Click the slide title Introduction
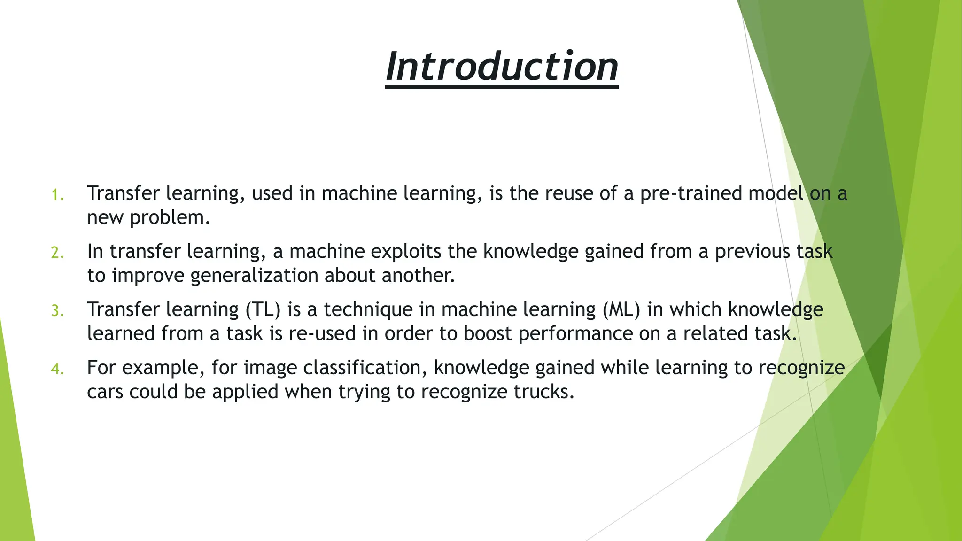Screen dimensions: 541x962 pos(502,67)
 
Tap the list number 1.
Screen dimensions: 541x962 pos(57,195)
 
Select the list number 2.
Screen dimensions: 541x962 pos(57,253)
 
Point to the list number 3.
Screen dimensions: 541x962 pos(57,311)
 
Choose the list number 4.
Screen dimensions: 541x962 pos(57,369)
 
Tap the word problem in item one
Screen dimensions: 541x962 pos(168,218)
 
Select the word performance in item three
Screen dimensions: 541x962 pos(575,334)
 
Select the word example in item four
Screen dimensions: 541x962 pos(163,368)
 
